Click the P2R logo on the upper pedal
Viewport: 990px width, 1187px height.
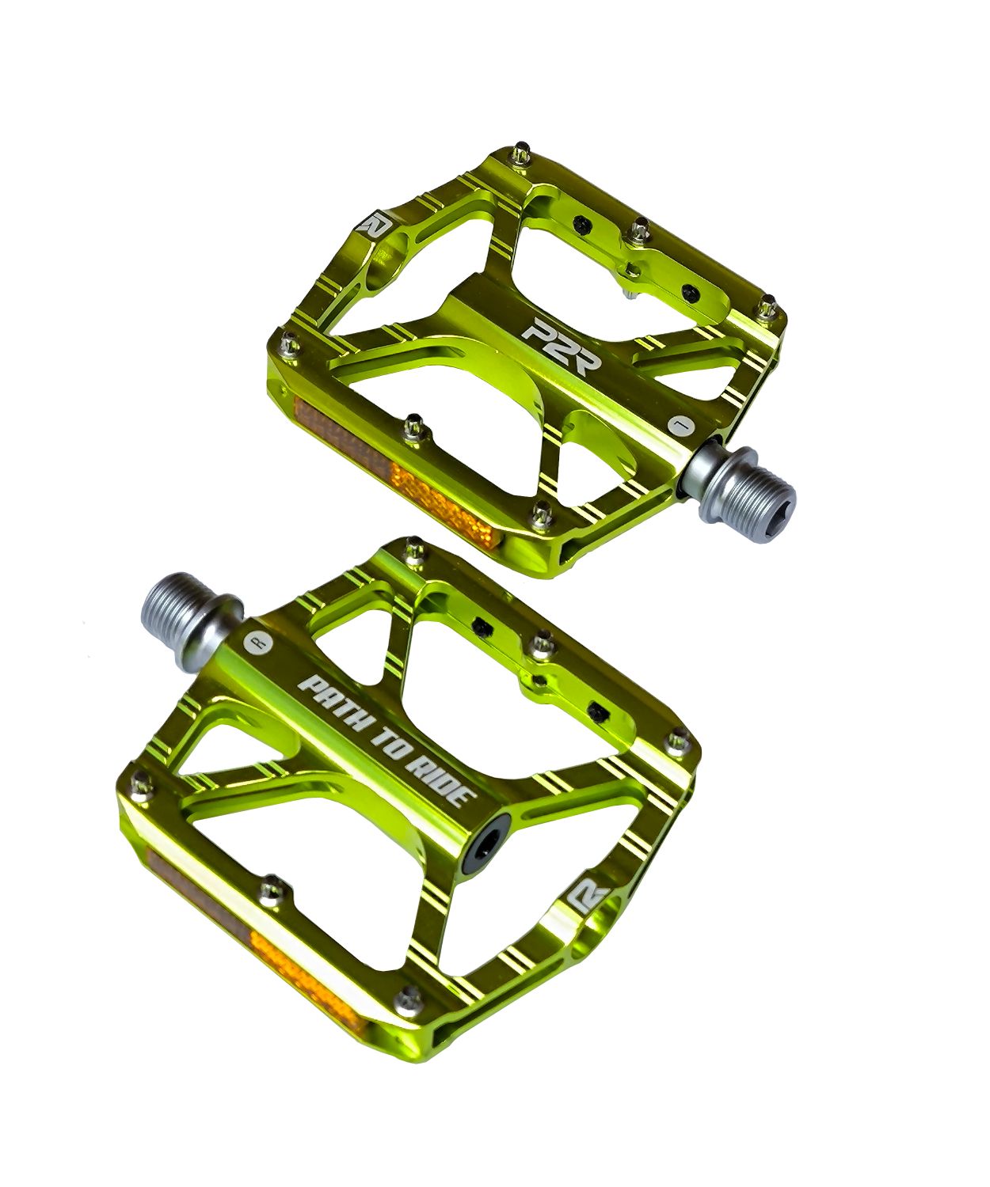pos(561,347)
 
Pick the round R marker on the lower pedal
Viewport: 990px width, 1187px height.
pos(259,643)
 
